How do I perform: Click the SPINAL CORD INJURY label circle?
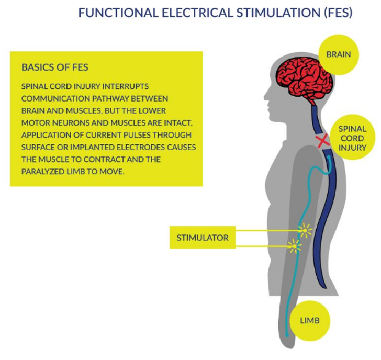(352, 138)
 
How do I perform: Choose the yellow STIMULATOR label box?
(203, 238)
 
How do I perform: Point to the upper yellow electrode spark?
(304, 230)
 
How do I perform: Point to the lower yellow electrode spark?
(295, 245)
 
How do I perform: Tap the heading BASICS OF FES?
(55, 68)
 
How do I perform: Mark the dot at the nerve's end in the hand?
(286, 335)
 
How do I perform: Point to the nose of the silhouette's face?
(265, 98)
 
